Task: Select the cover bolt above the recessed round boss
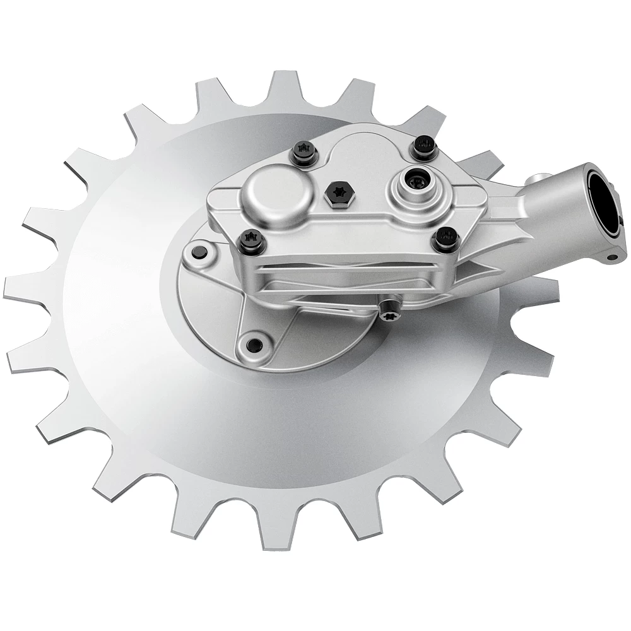[423, 147]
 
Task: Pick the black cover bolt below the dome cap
[251, 240]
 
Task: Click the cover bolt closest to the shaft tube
[446, 239]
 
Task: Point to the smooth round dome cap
[276, 192]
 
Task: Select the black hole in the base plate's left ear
[198, 252]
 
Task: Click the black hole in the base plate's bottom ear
[254, 345]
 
